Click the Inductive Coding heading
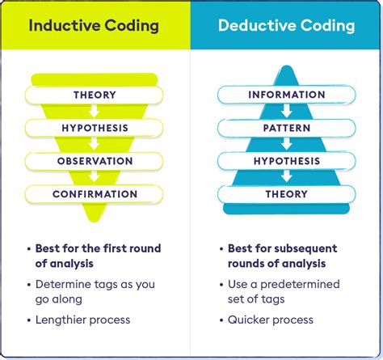pos(95,25)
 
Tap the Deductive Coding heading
pos(286,25)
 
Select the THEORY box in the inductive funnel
pos(95,95)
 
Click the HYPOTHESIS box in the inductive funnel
pos(95,128)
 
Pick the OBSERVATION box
pos(95,161)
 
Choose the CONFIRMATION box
pos(95,194)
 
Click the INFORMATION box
pos(286,95)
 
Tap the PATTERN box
pos(286,128)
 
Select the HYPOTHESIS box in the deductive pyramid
pos(286,161)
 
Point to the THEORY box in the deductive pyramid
pos(286,194)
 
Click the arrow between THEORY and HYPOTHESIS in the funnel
pos(95,112)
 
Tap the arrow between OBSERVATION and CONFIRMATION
pos(95,178)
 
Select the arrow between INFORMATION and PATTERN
pos(286,112)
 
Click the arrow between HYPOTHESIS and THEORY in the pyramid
pos(286,178)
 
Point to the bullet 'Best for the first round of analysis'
pos(97,256)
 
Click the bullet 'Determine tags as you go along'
pos(95,292)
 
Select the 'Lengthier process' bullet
pos(83,320)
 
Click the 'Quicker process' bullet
pos(271,320)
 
